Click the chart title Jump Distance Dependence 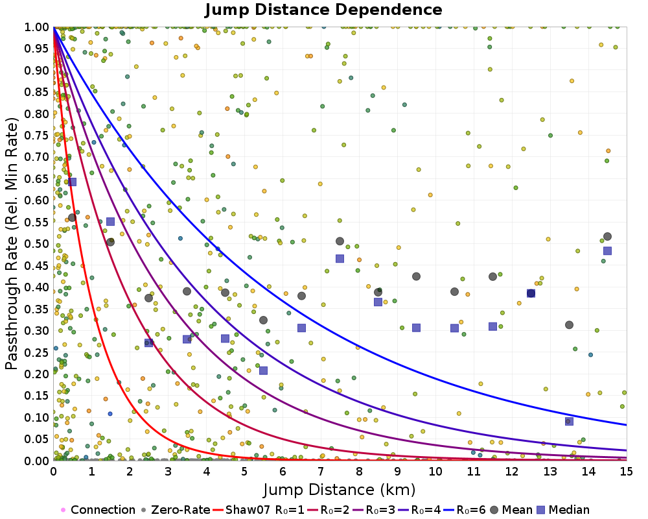[x=323, y=10]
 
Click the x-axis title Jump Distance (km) [x=339, y=490]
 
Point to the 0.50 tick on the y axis [x=36, y=243]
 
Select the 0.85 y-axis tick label [x=36, y=92]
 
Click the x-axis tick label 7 [x=321, y=472]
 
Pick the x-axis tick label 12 [x=512, y=472]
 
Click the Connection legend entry [x=98, y=509]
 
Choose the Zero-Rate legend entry [x=176, y=509]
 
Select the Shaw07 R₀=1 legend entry [x=259, y=509]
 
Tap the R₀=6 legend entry [x=465, y=509]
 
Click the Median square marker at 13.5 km [x=569, y=421]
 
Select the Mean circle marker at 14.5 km [x=608, y=237]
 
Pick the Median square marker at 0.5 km [x=72, y=182]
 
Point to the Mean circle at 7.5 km [x=340, y=241]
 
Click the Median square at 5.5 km [x=263, y=370]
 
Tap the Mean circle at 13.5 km [x=569, y=325]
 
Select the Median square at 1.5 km [x=110, y=221]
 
